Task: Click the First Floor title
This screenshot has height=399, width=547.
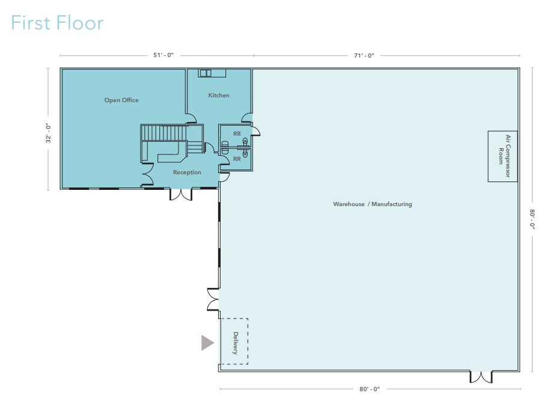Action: tap(57, 23)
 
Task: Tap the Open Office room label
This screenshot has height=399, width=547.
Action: tap(121, 100)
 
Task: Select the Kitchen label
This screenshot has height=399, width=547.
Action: tap(219, 95)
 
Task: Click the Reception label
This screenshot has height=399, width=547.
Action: tap(187, 172)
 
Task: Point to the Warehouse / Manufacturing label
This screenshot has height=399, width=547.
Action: tap(373, 204)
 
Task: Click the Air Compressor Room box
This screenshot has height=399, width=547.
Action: tap(503, 156)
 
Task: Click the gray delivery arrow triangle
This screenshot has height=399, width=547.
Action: tap(207, 343)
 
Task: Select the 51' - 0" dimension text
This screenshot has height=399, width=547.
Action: tap(163, 55)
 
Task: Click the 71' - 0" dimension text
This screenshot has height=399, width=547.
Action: tap(364, 55)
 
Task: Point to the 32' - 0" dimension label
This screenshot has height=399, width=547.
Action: tap(48, 133)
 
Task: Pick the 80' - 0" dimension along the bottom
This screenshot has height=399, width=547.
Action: tap(370, 389)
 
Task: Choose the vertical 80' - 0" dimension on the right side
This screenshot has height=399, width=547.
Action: tap(532, 219)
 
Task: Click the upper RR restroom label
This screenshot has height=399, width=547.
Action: tap(237, 133)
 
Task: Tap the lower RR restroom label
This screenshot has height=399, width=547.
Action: tap(237, 159)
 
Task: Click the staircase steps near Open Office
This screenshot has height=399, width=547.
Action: tap(164, 133)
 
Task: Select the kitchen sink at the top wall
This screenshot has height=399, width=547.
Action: tap(206, 73)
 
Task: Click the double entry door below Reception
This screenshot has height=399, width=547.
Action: tap(181, 194)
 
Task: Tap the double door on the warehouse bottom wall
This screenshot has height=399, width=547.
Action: tap(481, 377)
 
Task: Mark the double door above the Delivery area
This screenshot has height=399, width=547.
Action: tap(213, 299)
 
